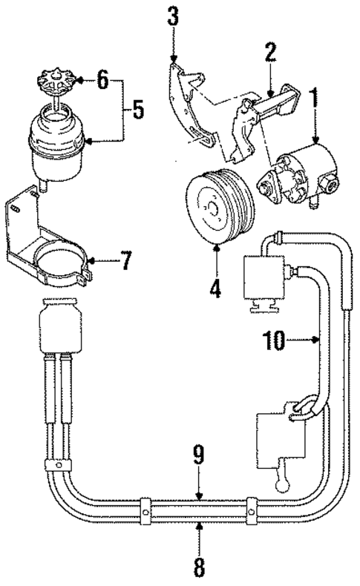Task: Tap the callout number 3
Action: [172, 17]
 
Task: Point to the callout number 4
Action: [215, 286]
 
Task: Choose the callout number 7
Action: [125, 262]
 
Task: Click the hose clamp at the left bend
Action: [57, 466]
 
